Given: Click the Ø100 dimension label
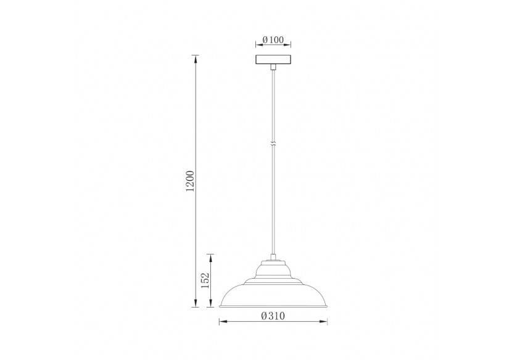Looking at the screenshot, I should coord(273,40).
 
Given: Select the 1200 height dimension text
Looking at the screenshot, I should coord(191,180).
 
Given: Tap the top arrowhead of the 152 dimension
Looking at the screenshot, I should coord(212,256).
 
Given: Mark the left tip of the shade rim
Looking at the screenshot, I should coord(220,306).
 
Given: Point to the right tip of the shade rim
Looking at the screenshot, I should coord(326,306).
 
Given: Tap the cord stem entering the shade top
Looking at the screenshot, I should coord(273,256).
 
